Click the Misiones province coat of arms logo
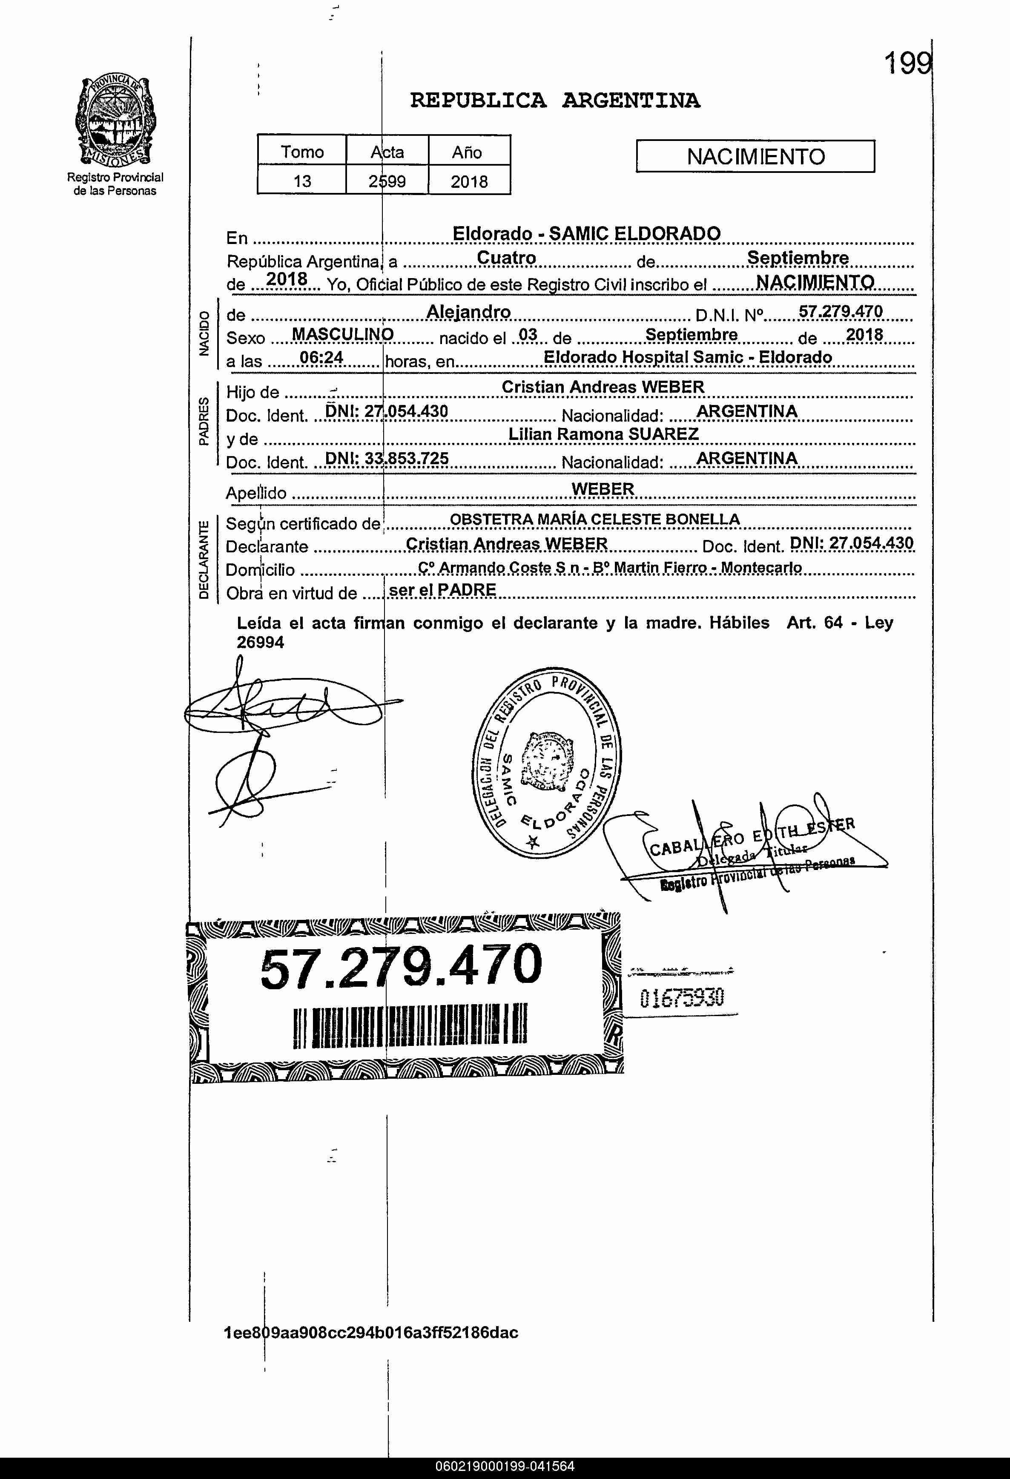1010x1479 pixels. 115,121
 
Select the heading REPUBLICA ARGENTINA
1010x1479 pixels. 554,101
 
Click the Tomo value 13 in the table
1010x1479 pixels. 301,181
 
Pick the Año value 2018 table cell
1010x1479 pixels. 469,181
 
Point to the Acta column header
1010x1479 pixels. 387,152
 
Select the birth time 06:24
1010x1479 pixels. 321,358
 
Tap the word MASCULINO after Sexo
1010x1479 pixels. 342,335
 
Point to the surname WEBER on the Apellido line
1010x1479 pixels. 603,489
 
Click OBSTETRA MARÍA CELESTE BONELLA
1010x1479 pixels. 594,519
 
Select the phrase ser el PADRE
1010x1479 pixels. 442,590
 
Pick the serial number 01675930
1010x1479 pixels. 682,998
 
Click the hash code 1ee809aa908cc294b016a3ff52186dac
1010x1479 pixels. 371,1333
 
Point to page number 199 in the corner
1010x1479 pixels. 907,63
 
